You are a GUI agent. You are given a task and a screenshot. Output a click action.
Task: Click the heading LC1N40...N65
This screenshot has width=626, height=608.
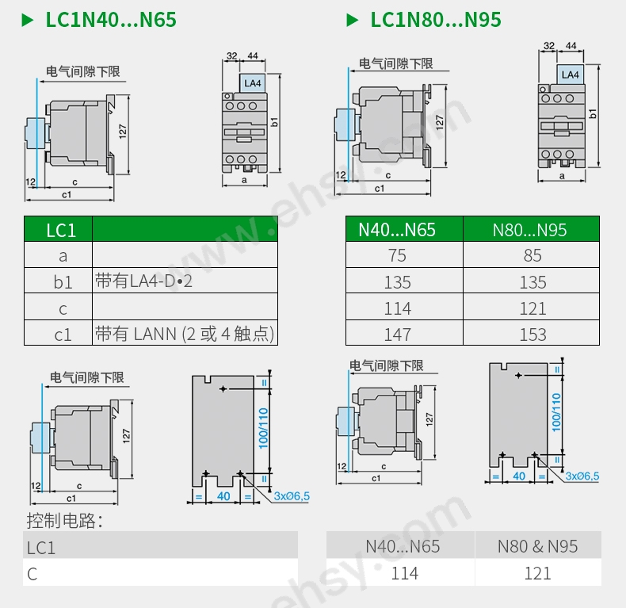(x=110, y=19)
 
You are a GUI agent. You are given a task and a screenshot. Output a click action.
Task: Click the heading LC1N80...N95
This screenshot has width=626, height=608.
(x=435, y=19)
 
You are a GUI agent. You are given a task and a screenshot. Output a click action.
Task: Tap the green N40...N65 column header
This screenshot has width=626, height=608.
(x=404, y=230)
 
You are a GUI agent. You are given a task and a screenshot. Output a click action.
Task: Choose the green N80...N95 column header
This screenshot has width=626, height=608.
(x=531, y=230)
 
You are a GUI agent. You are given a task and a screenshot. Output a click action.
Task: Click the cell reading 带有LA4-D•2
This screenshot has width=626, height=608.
(x=143, y=281)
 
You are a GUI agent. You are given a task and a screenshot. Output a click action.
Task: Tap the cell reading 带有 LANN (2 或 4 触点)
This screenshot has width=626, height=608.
(x=185, y=334)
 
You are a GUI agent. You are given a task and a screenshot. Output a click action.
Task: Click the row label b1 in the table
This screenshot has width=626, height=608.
(x=63, y=282)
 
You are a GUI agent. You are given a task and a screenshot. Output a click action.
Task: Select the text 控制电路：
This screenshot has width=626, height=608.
(x=66, y=521)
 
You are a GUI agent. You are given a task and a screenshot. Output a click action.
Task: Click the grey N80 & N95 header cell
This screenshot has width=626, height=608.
(x=537, y=546)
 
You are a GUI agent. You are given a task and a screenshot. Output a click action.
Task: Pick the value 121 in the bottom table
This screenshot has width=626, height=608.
(x=537, y=573)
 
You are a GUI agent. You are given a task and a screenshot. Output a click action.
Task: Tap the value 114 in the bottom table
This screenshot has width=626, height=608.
(x=404, y=573)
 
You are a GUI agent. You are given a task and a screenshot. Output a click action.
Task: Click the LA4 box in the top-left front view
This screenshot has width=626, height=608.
(x=252, y=82)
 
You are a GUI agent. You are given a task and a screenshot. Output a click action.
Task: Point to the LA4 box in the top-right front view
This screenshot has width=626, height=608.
(x=570, y=75)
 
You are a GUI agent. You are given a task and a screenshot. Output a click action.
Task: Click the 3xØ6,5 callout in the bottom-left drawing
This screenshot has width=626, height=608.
(x=292, y=496)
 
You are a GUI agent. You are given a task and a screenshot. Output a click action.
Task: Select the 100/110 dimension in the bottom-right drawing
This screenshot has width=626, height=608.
(x=556, y=411)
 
